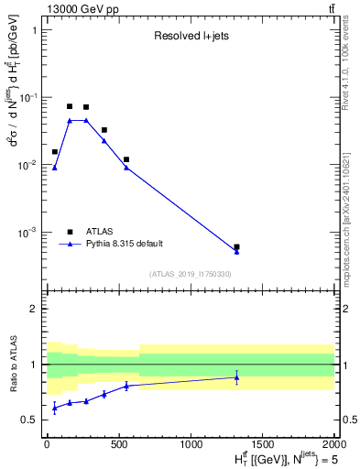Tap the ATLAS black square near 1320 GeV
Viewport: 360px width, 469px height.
tap(236, 247)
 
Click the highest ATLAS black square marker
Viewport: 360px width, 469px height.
tap(70, 106)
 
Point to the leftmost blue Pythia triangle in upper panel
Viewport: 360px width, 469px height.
tap(55, 168)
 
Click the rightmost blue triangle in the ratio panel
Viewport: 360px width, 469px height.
tap(236, 377)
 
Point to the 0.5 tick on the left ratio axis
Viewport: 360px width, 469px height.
tap(33, 420)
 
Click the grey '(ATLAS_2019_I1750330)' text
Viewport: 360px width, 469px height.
tap(191, 274)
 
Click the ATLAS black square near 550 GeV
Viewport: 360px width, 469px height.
tap(126, 159)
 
